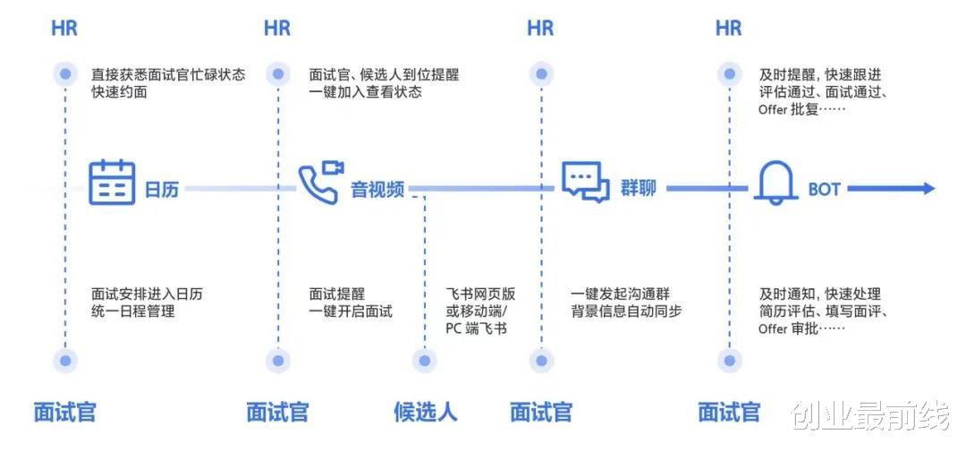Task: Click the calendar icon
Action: (112, 183)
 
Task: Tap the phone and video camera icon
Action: (320, 183)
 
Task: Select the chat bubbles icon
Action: (586, 182)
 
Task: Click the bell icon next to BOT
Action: (775, 183)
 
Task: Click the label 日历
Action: (162, 190)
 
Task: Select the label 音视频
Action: (377, 190)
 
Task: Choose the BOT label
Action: (824, 190)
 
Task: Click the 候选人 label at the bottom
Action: (425, 412)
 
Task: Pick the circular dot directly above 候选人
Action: (425, 361)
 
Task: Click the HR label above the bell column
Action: (728, 29)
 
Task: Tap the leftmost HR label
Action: (64, 29)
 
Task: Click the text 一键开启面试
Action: (351, 311)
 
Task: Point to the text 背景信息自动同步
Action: (626, 311)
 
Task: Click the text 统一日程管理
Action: (132, 311)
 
